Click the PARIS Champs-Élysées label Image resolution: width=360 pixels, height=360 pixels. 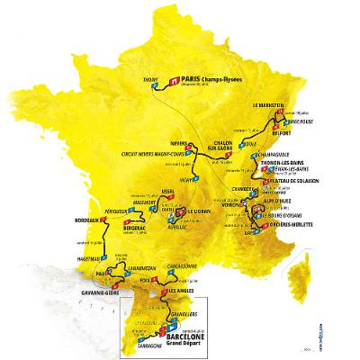coord(208,78)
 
